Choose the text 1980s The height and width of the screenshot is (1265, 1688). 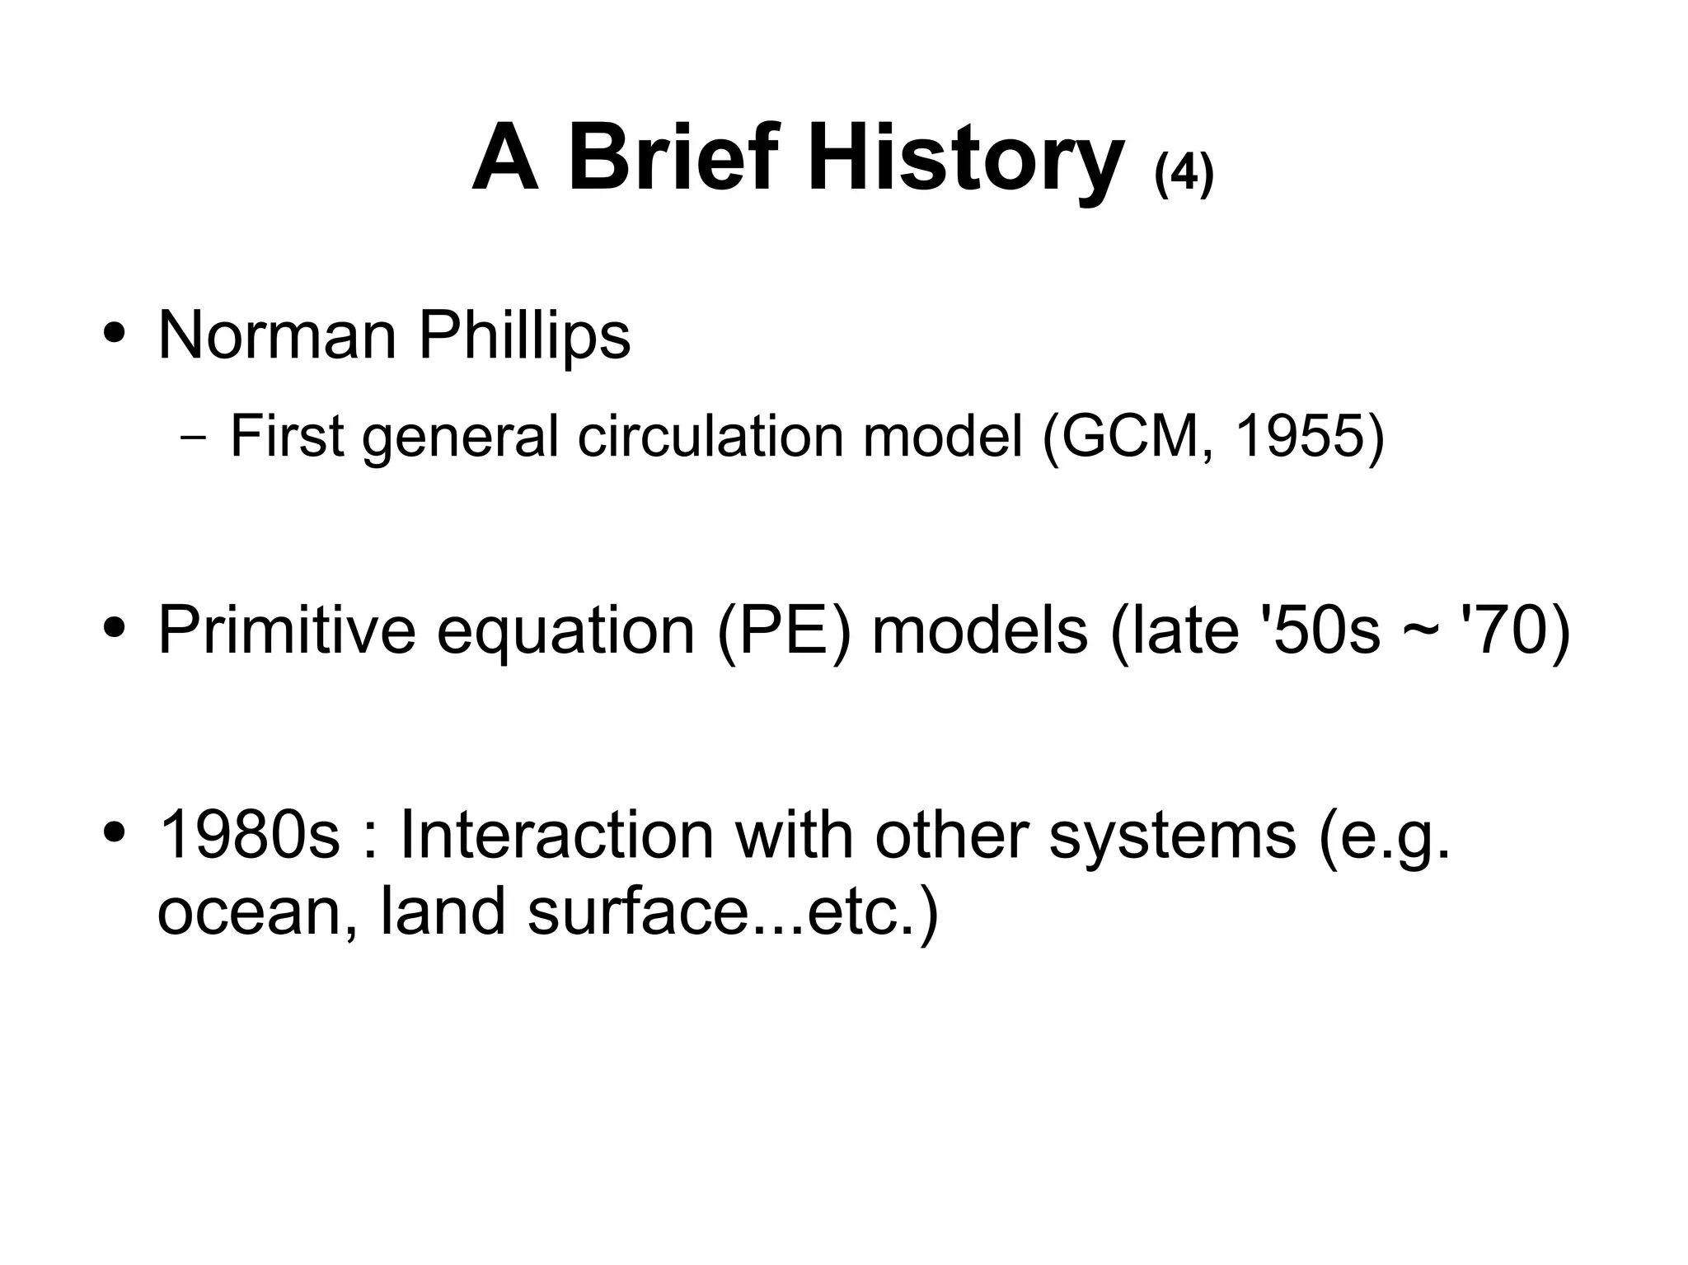(248, 834)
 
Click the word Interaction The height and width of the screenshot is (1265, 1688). (556, 834)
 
